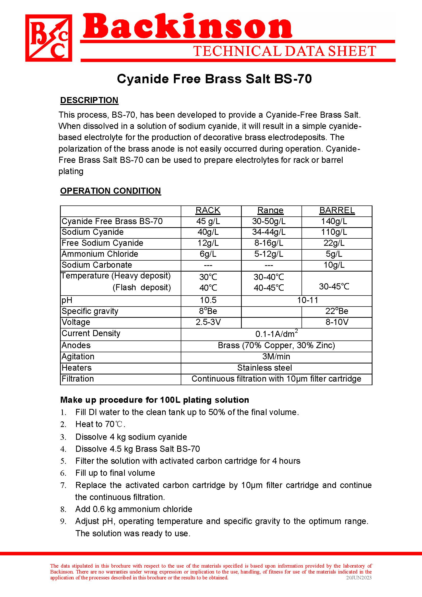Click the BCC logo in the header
click(49, 38)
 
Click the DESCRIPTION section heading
click(89, 100)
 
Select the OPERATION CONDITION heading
click(111, 191)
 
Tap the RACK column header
click(208, 210)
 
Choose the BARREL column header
click(337, 210)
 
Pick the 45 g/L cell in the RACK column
click(208, 221)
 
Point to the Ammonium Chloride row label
click(100, 254)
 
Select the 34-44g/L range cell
click(269, 232)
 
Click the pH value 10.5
click(208, 300)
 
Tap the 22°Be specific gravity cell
click(337, 311)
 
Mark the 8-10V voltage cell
click(337, 322)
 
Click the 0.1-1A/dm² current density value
click(276, 334)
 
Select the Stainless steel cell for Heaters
click(264, 368)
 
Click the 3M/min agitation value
click(276, 357)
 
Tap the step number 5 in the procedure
click(63, 461)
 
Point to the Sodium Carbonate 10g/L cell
click(334, 265)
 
